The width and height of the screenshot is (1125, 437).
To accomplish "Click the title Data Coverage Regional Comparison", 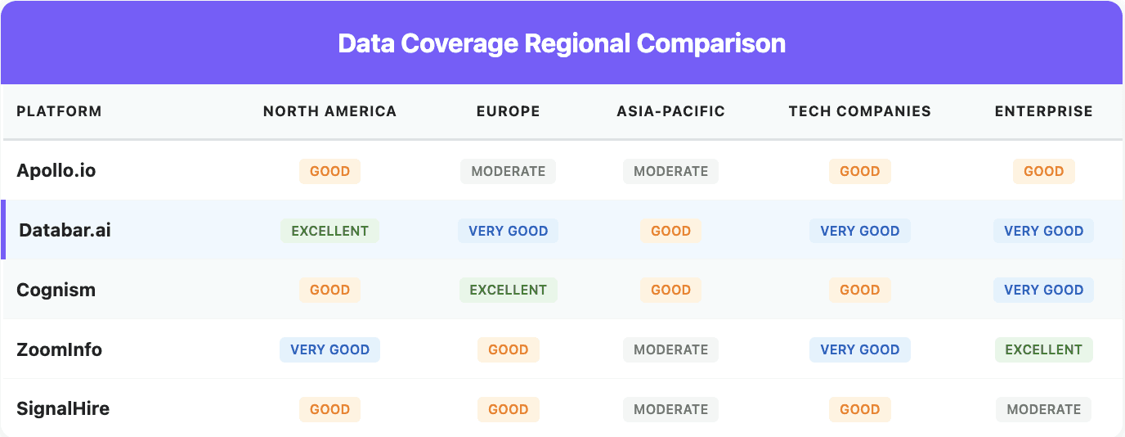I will [x=562, y=43].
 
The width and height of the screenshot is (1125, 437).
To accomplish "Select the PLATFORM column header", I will [x=59, y=111].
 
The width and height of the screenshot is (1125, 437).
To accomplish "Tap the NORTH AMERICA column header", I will [x=329, y=111].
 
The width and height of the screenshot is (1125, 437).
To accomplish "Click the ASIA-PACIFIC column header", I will [x=670, y=111].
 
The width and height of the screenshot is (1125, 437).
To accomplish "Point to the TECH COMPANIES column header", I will [x=859, y=111].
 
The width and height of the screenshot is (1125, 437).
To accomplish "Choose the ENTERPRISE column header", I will [x=1043, y=111].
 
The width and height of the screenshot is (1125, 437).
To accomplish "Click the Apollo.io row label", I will [x=56, y=171].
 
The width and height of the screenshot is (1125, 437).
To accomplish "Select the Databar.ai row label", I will [x=65, y=231].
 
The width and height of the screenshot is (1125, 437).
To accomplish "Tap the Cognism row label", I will [x=56, y=290].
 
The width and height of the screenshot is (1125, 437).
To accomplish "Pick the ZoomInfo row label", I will [x=60, y=349].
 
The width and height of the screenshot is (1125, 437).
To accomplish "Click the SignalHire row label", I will [x=63, y=409].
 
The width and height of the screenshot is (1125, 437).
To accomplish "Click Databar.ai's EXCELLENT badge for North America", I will [x=329, y=231].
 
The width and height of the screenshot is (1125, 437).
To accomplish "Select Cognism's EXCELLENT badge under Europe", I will [x=508, y=290].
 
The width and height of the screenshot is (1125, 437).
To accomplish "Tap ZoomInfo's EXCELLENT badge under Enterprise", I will [x=1043, y=349].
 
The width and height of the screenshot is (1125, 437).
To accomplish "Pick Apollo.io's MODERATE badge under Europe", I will [x=508, y=171].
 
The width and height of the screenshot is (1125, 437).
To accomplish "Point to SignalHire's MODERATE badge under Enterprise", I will [x=1043, y=409].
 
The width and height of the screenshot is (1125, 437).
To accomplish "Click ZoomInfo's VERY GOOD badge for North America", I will [x=329, y=349].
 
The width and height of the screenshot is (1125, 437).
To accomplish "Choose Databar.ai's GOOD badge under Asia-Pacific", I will [x=670, y=231].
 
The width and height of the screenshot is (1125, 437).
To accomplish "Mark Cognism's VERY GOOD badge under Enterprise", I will [x=1043, y=290].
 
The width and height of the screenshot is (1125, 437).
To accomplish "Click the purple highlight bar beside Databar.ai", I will [x=3, y=230].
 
